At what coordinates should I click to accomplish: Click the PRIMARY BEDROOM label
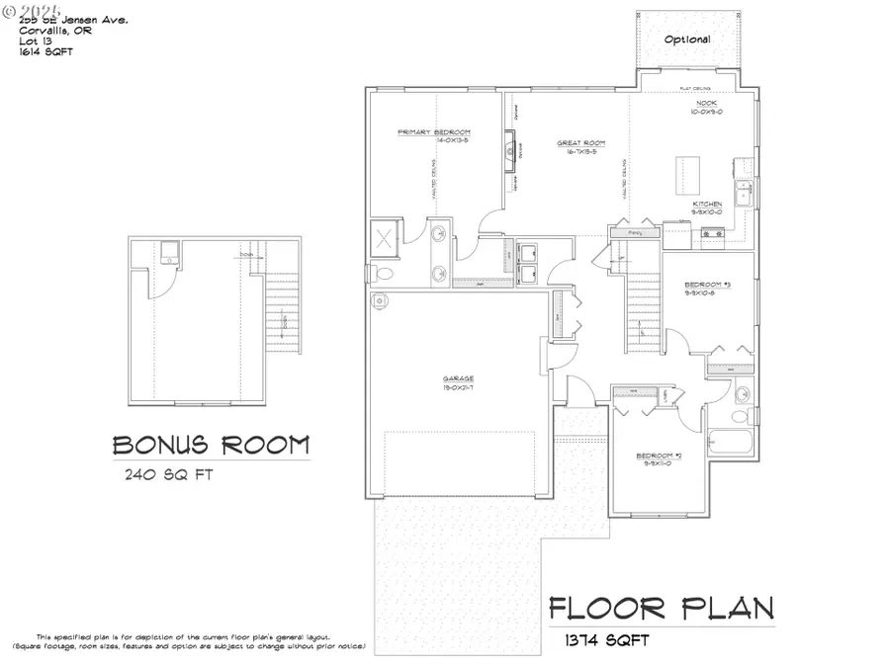433,131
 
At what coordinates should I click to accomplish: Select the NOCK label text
705,103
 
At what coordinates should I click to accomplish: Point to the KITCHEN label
706,204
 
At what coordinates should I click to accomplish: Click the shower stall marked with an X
383,237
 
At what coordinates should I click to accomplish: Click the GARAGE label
458,378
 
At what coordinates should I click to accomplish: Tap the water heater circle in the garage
377,299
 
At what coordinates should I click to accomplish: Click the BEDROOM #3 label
706,287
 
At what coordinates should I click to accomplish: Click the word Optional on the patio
686,40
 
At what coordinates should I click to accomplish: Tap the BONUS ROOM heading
210,445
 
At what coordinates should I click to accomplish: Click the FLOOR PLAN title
662,607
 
